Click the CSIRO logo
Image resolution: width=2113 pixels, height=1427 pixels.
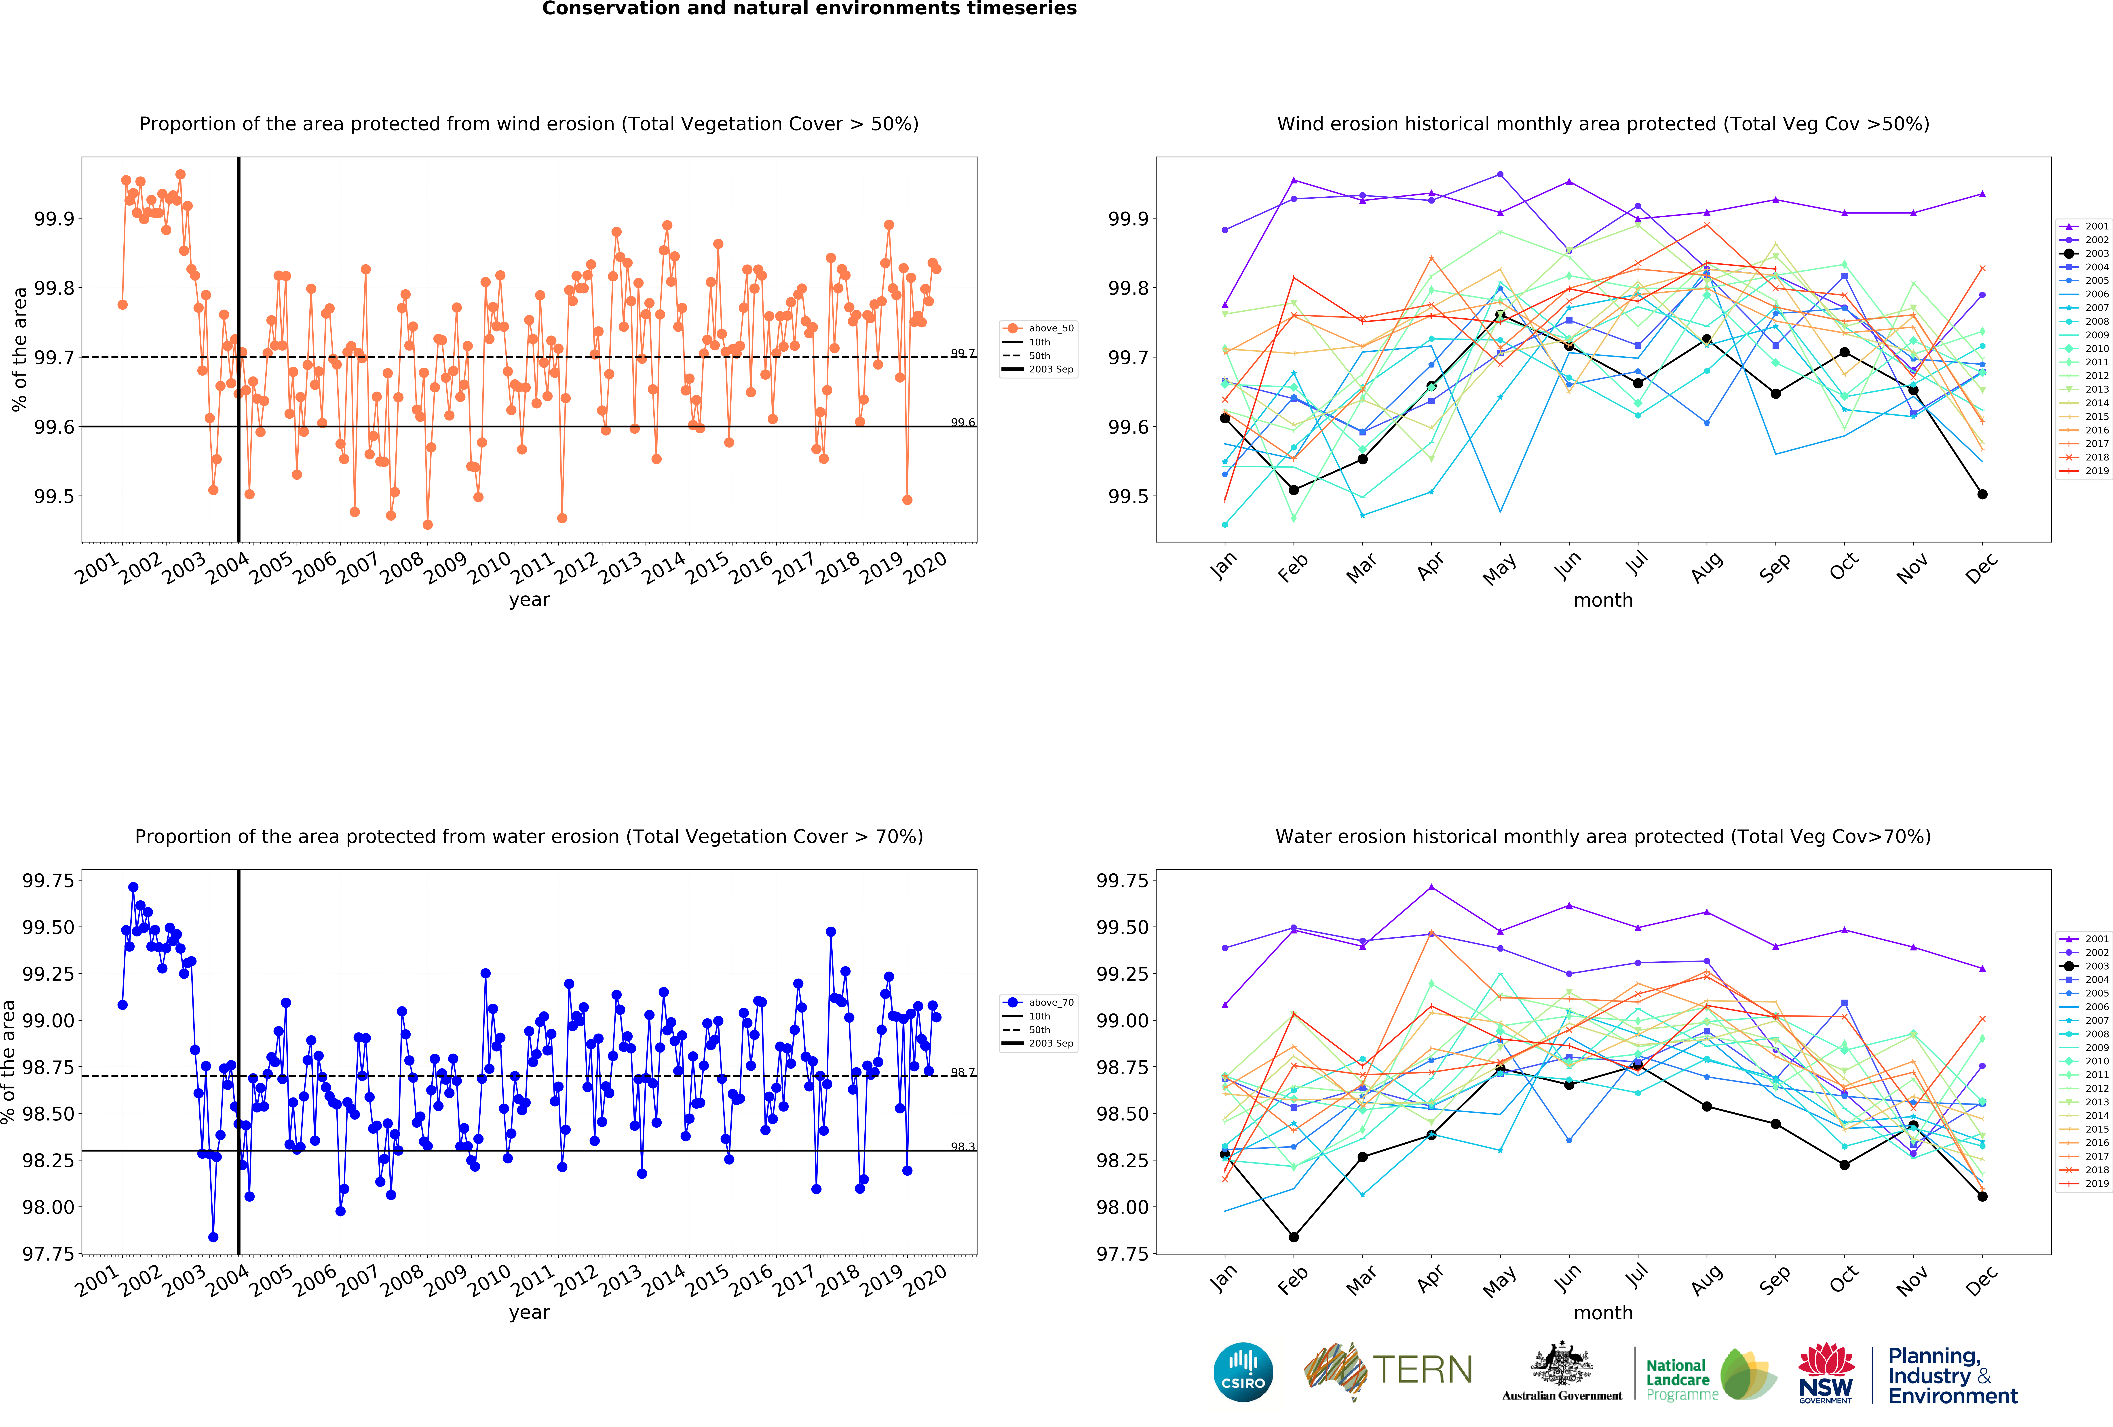pos(1243,1372)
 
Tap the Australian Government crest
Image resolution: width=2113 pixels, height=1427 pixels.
pos(1561,1363)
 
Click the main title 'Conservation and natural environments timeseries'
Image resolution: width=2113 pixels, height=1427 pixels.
pos(809,9)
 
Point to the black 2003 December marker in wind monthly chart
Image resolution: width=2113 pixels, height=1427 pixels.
pos(1982,494)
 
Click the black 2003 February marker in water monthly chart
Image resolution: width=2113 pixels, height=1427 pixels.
pos(1294,1237)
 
